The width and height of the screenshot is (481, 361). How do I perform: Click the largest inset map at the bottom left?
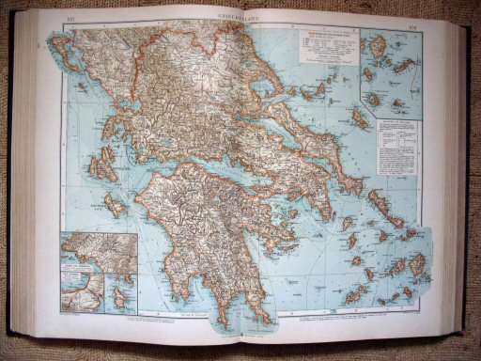pos(99,252)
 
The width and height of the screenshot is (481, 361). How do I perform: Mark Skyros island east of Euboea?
pos(360,118)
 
